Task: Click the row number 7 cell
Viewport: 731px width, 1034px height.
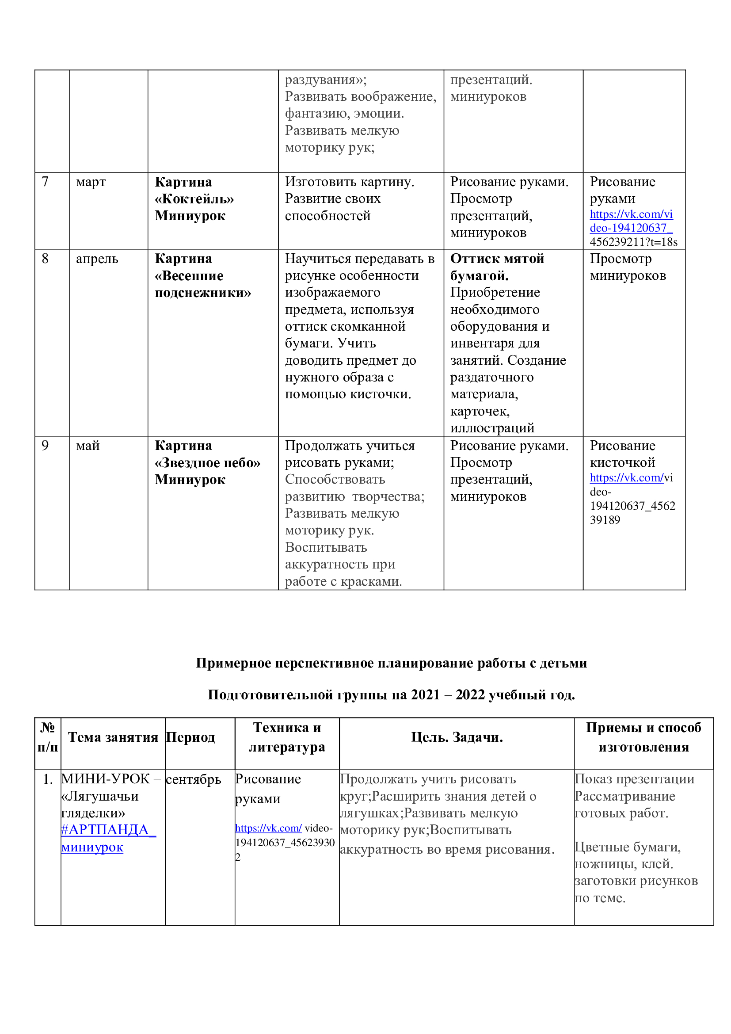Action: [45, 182]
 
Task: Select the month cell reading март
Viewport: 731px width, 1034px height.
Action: [91, 182]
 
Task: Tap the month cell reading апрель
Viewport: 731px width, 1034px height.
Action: [97, 259]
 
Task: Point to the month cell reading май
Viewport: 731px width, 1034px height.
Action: [88, 446]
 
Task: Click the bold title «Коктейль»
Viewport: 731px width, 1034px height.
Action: [194, 199]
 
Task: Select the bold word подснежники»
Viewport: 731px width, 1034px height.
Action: [202, 293]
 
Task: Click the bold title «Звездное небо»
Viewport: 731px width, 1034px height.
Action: [208, 463]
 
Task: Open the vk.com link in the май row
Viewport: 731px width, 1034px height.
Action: [626, 478]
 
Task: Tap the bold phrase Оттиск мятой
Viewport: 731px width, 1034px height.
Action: [497, 259]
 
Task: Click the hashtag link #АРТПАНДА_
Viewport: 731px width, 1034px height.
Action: [108, 829]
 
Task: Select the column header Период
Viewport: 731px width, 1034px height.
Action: [190, 737]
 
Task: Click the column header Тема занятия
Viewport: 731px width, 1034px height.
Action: [113, 737]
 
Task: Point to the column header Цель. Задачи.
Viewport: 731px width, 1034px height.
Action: [457, 737]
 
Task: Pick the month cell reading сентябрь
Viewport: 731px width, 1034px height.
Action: [194, 779]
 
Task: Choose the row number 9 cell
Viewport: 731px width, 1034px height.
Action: [45, 446]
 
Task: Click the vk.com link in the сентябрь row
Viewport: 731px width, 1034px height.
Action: [268, 828]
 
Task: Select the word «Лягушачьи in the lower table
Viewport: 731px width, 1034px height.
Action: [100, 796]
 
